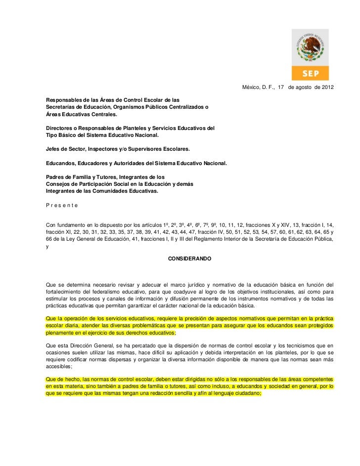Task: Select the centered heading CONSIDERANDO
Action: pyautogui.click(x=190, y=258)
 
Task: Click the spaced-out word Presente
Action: pyautogui.click(x=61, y=205)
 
